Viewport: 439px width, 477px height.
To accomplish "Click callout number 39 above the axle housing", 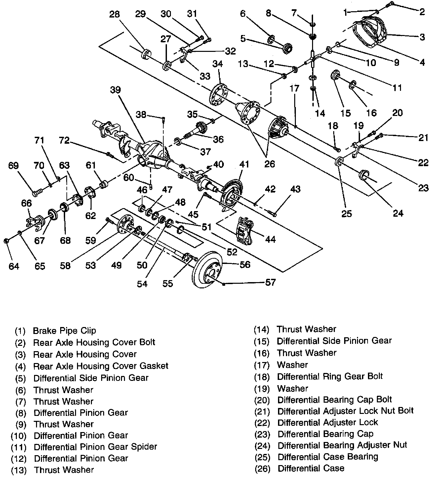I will coord(115,90).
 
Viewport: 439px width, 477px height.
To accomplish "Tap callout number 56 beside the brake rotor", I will coord(245,265).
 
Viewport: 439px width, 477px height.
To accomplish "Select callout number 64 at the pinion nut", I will coord(14,266).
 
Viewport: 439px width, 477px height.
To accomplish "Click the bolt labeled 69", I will coord(36,191).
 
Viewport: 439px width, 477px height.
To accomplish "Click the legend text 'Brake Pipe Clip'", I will coord(64,331).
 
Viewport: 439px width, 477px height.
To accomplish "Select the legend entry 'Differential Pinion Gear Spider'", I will coord(95,447).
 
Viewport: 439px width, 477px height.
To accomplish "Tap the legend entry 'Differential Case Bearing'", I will coord(328,457).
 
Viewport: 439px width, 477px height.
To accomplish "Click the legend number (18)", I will coord(262,377).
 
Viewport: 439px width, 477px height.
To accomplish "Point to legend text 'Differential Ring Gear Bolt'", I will coord(330,376).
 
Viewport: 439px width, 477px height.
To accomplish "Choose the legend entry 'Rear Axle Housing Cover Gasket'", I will coord(101,366).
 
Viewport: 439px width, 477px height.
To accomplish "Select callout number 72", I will coord(64,140).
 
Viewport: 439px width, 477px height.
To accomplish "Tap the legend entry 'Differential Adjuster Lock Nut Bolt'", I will coord(345,411).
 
